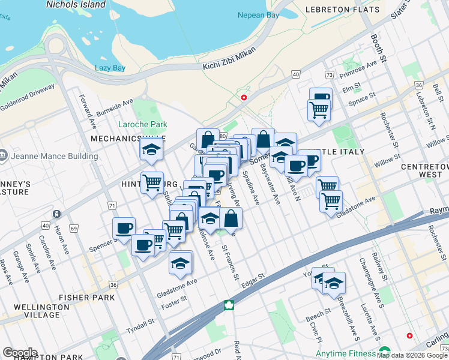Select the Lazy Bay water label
point(110,68)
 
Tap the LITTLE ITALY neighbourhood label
point(336,152)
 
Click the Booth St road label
point(376,47)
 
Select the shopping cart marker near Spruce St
point(319,109)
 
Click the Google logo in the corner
point(20,353)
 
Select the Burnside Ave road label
point(115,106)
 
